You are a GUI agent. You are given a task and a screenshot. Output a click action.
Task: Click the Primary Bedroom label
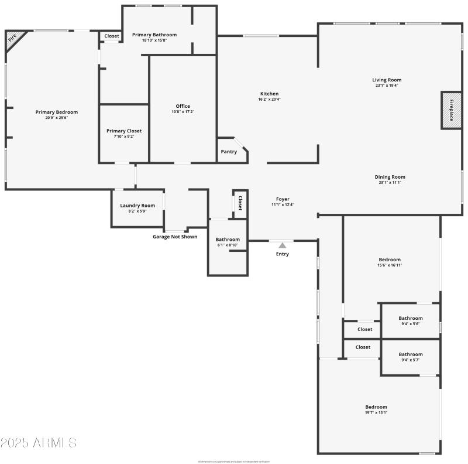coord(56,112)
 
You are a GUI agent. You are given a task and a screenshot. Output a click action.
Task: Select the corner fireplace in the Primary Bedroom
coord(12,39)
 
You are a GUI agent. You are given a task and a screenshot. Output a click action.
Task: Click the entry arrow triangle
coord(282,245)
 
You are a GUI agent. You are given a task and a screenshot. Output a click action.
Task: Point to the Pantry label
coord(229,152)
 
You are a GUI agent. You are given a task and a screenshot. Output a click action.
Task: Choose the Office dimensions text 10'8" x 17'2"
coord(183,112)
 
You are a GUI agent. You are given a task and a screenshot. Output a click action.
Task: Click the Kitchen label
coord(269,94)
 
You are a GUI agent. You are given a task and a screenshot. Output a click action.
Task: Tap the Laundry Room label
coord(137,206)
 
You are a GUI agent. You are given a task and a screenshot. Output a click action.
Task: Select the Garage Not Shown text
coord(175,237)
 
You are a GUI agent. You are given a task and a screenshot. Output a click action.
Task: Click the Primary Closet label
coord(123,131)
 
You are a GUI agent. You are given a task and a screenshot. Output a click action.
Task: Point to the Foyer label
coord(283,199)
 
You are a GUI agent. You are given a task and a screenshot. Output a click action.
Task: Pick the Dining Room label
coord(390,177)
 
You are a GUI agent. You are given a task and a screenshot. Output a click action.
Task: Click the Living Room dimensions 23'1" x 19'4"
coord(387,86)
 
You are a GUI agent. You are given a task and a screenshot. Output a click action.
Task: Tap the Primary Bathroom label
coord(154,35)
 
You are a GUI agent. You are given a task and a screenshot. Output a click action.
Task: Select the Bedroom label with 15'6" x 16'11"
coord(390,260)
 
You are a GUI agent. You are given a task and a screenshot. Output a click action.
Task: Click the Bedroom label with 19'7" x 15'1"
coord(376,407)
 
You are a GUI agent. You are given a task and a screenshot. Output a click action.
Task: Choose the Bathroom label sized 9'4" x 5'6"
coord(410,319)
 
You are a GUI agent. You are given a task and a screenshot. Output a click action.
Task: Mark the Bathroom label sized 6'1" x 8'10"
coord(228,240)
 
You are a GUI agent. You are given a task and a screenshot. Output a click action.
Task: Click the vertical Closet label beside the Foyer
coord(240,203)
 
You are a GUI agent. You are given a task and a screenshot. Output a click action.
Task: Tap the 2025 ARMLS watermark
coord(39,442)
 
